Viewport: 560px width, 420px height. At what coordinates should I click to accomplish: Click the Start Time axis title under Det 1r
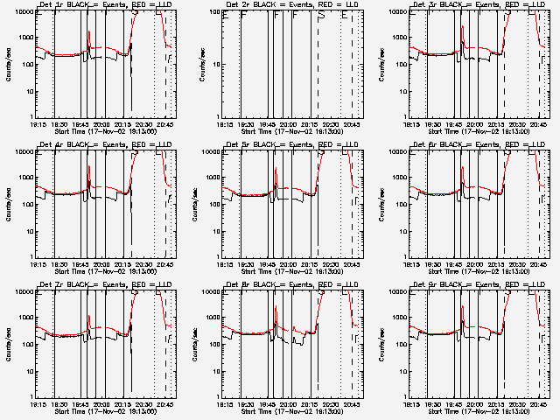click(105, 132)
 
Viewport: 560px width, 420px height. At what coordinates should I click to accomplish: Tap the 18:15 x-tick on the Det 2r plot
click(224, 125)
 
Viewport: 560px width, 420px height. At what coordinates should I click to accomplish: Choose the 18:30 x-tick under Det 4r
click(58, 264)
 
